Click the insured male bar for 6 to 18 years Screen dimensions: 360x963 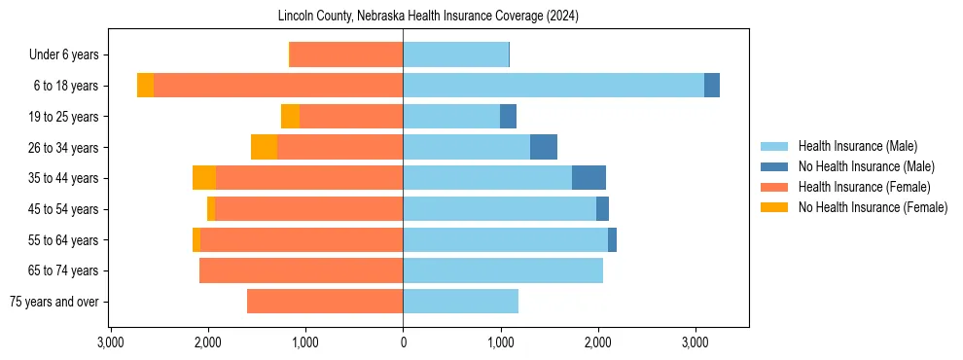click(x=553, y=86)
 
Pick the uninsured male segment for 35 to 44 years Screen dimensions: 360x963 click(x=588, y=178)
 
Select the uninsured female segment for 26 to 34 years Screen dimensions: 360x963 click(x=264, y=147)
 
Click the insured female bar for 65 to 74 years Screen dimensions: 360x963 click(x=301, y=270)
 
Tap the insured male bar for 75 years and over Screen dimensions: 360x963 click(x=460, y=302)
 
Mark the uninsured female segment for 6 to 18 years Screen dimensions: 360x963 click(x=145, y=86)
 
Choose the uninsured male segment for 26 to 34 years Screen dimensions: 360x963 click(x=544, y=147)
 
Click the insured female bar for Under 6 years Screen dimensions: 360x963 click(x=347, y=54)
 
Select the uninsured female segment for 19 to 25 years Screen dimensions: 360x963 click(x=290, y=117)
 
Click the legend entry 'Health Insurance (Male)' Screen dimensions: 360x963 click(x=857, y=146)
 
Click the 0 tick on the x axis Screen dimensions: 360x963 click(x=403, y=342)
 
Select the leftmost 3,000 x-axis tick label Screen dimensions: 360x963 click(x=111, y=342)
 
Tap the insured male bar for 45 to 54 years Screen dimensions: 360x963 click(x=499, y=209)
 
